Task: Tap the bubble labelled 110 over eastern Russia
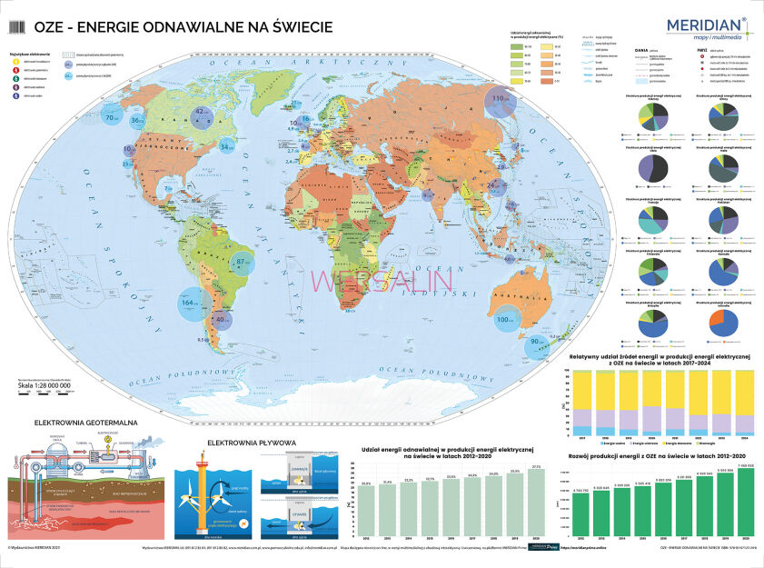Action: (499, 99)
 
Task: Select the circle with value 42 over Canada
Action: (202, 114)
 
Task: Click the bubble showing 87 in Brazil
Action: (243, 264)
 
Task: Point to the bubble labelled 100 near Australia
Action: (505, 319)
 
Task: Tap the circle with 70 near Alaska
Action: (114, 118)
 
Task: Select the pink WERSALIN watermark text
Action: (382, 283)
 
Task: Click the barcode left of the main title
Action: (18, 29)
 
